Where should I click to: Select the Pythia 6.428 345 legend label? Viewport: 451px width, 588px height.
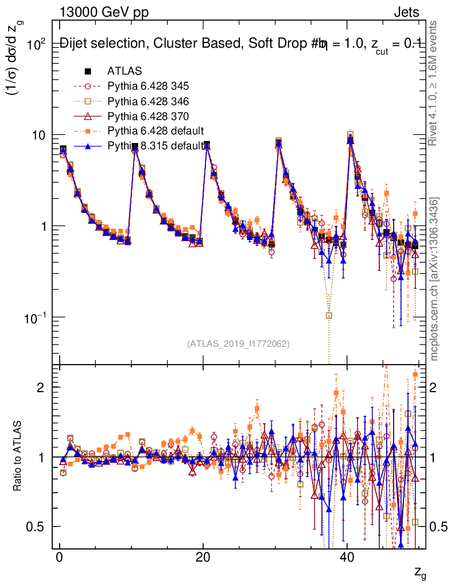(148, 86)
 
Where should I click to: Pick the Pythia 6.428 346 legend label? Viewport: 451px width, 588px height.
(148, 102)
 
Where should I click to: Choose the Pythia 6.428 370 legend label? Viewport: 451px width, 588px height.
(148, 117)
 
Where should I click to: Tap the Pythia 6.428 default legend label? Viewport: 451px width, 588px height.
(156, 131)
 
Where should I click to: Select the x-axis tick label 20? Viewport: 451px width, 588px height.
(203, 559)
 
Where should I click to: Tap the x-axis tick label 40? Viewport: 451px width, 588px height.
(346, 559)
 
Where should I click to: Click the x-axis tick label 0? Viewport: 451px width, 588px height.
(59, 559)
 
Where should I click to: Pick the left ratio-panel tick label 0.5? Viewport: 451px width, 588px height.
(39, 527)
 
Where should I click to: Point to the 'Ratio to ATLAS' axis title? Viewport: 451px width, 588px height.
(18, 457)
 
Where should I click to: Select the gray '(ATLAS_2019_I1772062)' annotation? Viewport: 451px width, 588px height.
(238, 344)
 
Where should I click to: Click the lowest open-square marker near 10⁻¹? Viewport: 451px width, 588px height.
(329, 315)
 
